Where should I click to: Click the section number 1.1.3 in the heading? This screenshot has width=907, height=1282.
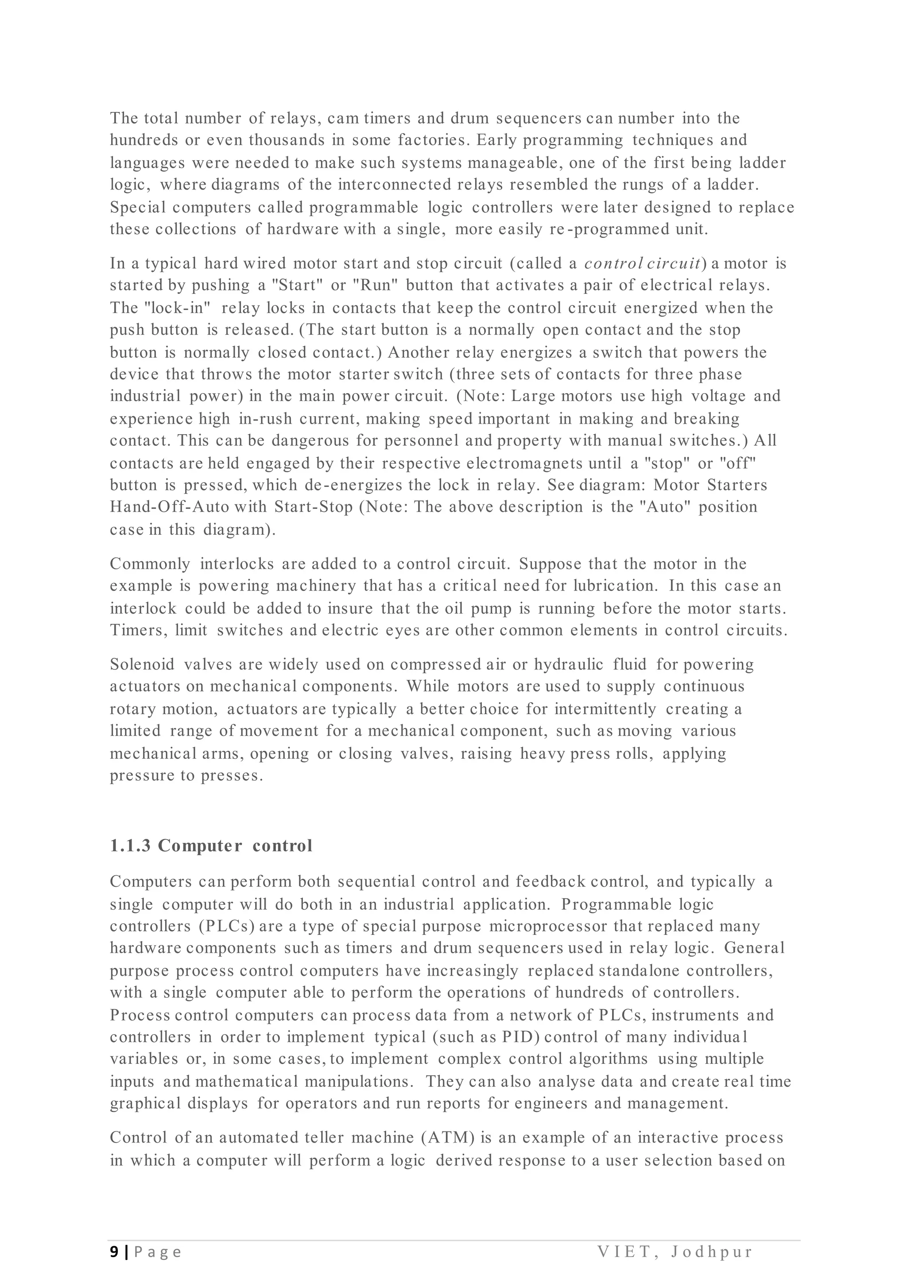[x=130, y=846]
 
